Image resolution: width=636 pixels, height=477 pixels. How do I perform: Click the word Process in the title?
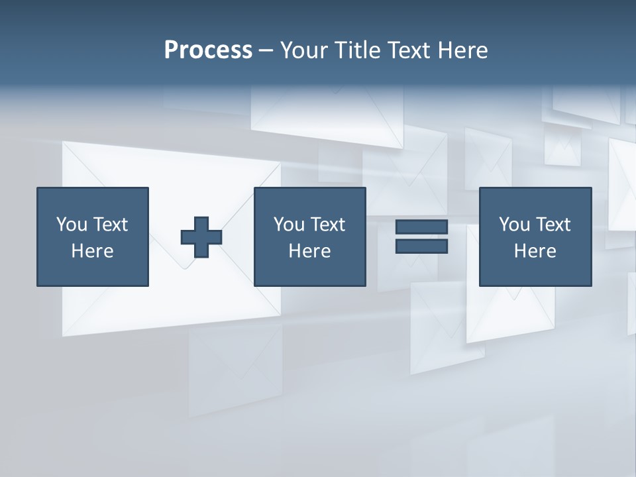click(x=208, y=50)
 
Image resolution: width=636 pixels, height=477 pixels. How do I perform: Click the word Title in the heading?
click(x=358, y=50)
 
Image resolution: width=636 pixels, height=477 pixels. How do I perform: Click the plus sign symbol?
click(x=201, y=237)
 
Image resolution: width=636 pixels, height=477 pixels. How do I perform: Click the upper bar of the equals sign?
click(x=421, y=227)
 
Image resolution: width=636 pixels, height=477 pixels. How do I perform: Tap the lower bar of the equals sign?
click(x=421, y=246)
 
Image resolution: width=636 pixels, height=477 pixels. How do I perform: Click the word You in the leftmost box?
click(x=72, y=225)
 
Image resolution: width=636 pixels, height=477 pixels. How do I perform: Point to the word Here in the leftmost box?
click(x=93, y=251)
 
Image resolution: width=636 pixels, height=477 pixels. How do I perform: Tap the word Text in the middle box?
click(x=327, y=225)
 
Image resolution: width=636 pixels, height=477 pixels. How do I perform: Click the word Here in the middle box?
click(x=310, y=251)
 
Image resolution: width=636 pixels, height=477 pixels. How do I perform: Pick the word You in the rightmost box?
click(x=514, y=225)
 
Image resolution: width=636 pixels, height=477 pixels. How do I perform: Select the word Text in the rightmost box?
click(x=552, y=225)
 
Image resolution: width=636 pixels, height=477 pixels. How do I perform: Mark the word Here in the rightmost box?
click(x=535, y=251)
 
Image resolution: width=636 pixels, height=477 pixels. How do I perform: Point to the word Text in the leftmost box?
click(x=109, y=225)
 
